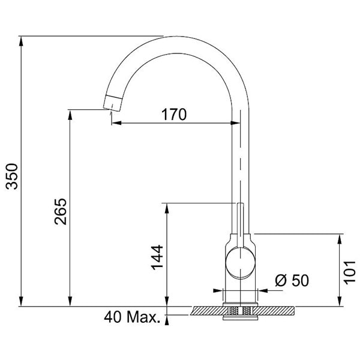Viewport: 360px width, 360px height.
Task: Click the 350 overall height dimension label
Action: pos(12,176)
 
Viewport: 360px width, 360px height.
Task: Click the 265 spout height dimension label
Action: pos(61,211)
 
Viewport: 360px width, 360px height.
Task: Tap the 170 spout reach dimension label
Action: pos(174,115)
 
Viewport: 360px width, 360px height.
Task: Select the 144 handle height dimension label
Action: pos(157,257)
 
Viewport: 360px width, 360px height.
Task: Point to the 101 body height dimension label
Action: pos(349,272)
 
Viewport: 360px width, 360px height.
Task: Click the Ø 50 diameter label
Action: pos(292,280)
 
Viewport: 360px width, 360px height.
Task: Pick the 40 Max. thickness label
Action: pos(132,317)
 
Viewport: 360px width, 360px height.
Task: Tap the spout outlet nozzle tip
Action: pos(112,103)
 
